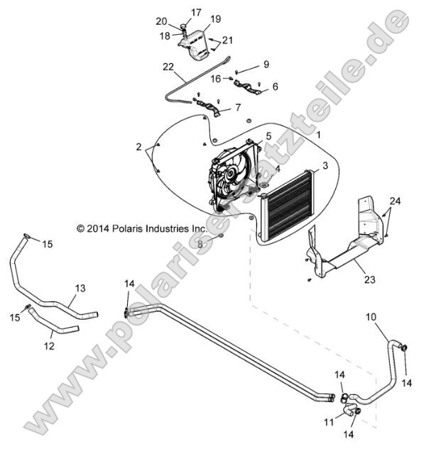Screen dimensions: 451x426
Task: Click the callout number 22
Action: [x=168, y=67]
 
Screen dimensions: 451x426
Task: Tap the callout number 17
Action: [x=196, y=12]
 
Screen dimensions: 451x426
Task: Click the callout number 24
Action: [x=394, y=201]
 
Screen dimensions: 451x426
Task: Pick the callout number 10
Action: [x=371, y=316]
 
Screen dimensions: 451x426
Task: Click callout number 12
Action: [x=49, y=347]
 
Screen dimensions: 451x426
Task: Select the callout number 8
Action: [x=201, y=244]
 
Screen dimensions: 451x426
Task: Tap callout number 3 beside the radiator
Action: [x=285, y=165]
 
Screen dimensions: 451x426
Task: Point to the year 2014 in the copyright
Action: [x=97, y=229]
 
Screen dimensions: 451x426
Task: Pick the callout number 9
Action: [x=266, y=65]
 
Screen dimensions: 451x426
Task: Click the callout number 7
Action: [x=238, y=108]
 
